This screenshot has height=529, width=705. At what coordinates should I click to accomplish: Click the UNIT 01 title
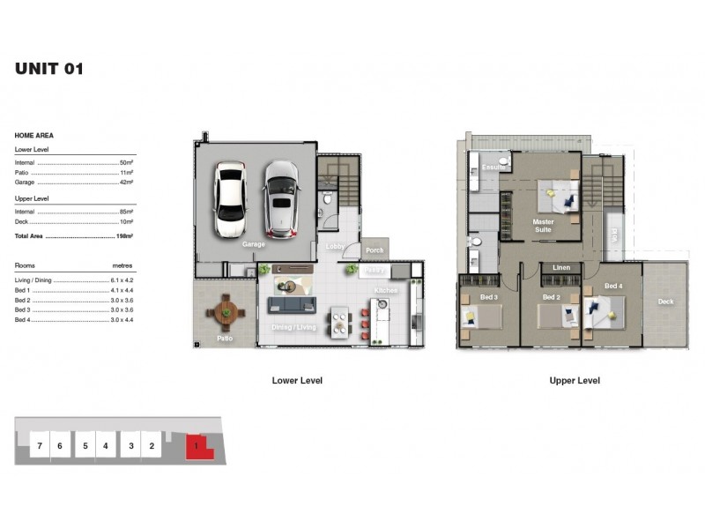(x=49, y=69)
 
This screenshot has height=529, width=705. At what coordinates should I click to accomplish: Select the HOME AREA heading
(x=34, y=136)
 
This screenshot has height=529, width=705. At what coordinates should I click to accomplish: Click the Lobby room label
(x=335, y=247)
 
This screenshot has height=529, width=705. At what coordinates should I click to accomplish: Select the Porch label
(x=375, y=250)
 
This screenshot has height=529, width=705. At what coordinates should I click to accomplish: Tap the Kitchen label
(x=385, y=290)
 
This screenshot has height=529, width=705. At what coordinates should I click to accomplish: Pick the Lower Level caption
(x=297, y=381)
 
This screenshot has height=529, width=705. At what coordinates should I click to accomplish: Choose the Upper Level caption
(x=575, y=381)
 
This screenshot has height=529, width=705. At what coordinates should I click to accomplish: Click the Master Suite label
(x=543, y=225)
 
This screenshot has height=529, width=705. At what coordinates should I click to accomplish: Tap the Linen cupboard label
(x=561, y=267)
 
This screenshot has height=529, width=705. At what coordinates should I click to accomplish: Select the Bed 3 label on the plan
(x=489, y=298)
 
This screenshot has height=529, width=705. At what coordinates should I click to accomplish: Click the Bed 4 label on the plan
(x=613, y=287)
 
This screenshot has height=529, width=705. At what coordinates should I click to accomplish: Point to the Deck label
(x=666, y=302)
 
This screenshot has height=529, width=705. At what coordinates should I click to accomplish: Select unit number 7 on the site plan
(x=40, y=446)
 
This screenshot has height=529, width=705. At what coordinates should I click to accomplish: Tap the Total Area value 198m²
(x=123, y=237)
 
